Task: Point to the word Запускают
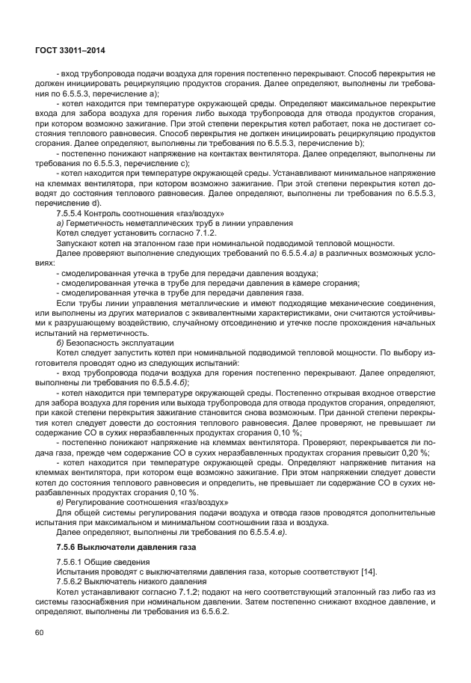[78, 242]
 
